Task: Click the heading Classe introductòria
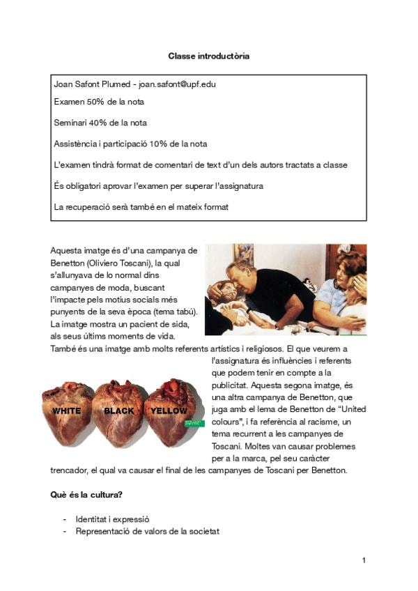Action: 208,55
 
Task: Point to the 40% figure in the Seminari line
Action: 98,123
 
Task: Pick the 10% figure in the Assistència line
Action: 160,144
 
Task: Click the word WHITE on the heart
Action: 66,410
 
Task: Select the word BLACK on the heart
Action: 118,410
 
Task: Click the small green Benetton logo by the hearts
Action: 194,422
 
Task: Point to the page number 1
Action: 364,560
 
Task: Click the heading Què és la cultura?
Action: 87,495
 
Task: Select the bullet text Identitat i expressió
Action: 113,519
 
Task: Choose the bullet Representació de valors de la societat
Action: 148,531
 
